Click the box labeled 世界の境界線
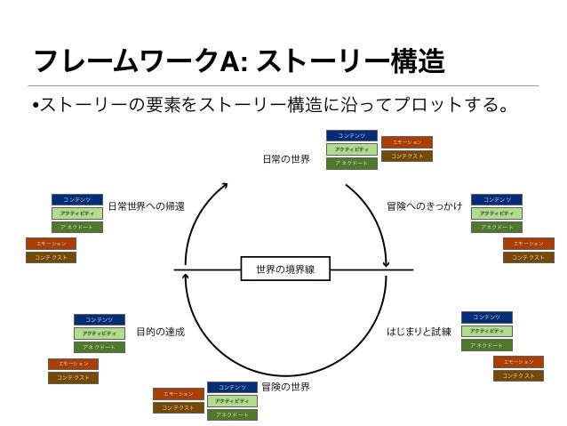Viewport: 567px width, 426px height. point(284,269)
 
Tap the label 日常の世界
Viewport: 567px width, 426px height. point(286,159)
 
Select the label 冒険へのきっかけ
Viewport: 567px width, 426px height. point(424,205)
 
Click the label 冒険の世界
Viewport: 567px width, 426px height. point(285,388)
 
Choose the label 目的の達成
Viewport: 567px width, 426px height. point(161,332)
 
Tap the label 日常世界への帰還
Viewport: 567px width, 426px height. point(147,205)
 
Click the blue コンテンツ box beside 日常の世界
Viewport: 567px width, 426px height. point(352,136)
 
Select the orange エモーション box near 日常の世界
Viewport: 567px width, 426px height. point(407,142)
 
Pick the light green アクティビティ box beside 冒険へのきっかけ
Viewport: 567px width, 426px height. point(496,213)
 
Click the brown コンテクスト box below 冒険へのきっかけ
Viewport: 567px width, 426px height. point(528,257)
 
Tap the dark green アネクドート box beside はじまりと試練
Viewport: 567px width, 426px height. point(486,345)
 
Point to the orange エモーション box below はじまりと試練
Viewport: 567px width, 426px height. point(518,362)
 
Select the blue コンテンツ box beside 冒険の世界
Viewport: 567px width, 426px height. point(232,388)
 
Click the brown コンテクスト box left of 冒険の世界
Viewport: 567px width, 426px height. point(178,407)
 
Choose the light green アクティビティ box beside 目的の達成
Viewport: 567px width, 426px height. point(99,334)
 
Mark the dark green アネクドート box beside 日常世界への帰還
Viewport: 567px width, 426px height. point(77,227)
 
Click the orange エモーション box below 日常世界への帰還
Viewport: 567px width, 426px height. point(51,244)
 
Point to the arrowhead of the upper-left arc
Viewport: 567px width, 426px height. point(225,185)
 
